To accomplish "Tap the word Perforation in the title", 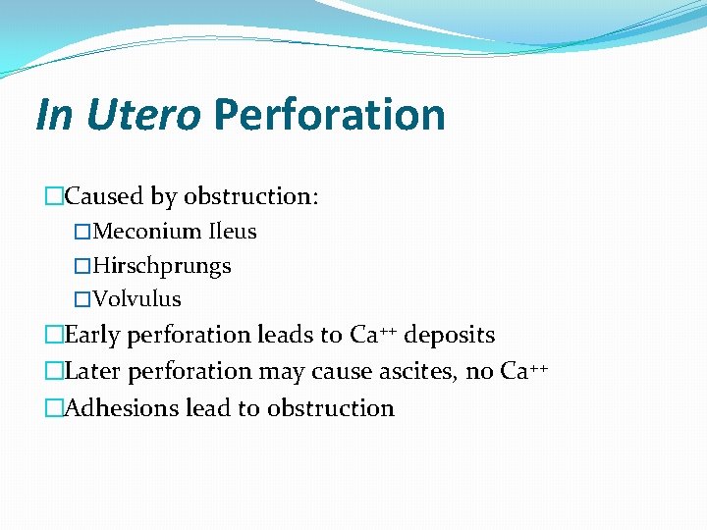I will pos(329,115).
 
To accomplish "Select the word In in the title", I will pos(53,115).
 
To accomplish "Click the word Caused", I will pos(104,196).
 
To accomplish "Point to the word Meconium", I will pos(146,232).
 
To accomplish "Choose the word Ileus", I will pos(232,232).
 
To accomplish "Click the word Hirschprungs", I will pos(162,266).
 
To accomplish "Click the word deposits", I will pos(450,335).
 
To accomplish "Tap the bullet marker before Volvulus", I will pos(82,299).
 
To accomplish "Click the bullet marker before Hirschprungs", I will pos(82,266).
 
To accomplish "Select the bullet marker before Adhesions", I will pos(53,408).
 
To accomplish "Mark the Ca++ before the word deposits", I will pos(373,335).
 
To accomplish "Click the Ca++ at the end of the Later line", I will pos(523,371).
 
